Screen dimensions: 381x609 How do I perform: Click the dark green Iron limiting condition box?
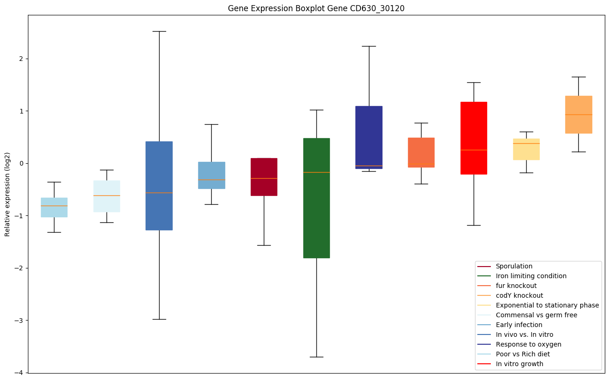coord(316,198)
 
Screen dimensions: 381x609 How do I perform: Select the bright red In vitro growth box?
coord(474,138)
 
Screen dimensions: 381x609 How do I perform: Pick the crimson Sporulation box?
coord(264,177)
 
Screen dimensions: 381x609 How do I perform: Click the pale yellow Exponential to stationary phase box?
coord(526,149)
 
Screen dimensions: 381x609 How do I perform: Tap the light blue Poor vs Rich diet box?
coord(54,207)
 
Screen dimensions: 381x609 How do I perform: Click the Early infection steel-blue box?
coord(212,175)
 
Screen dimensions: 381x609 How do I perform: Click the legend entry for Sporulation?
coord(514,266)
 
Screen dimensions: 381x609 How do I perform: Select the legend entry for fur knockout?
coord(516,286)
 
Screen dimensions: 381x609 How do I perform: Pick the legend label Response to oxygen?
coord(528,344)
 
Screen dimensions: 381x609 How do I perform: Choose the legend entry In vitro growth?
coord(519,364)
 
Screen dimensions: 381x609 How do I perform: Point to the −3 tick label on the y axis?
coord(20,321)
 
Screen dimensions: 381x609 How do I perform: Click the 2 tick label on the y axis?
coord(22,59)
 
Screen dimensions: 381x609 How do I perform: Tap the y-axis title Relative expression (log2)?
coord(7,194)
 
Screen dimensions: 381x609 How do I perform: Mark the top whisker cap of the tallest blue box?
coord(159,31)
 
